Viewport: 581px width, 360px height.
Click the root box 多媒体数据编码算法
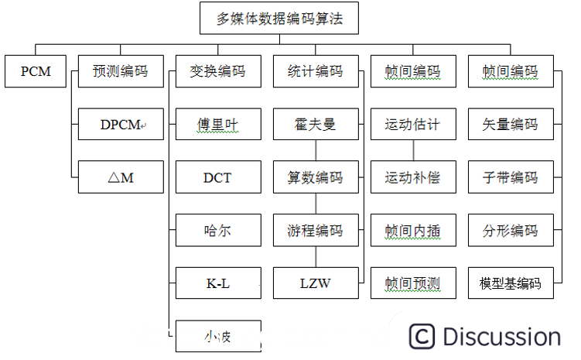click(x=279, y=18)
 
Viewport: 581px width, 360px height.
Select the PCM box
click(x=36, y=71)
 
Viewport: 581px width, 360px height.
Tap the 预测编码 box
click(x=121, y=71)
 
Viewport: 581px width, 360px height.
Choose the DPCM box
click(x=121, y=124)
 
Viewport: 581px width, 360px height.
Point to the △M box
click(x=121, y=177)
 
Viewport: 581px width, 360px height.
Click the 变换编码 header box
click(x=218, y=71)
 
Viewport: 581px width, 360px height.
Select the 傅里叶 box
click(x=218, y=124)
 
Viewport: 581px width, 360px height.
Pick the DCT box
click(x=218, y=177)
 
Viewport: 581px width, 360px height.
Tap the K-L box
click(x=218, y=283)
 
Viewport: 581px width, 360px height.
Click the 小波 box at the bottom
click(x=218, y=336)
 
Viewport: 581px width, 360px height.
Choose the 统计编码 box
click(x=315, y=71)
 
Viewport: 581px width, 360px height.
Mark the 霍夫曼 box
click(x=315, y=124)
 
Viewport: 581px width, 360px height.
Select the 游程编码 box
click(x=315, y=231)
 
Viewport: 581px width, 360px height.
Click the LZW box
click(x=315, y=283)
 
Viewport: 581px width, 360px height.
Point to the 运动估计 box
click(x=412, y=124)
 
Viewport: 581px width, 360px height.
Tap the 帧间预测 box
click(x=412, y=283)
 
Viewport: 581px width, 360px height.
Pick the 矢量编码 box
click(x=510, y=124)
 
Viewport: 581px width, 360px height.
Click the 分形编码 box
click(x=510, y=231)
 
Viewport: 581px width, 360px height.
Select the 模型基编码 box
click(x=510, y=283)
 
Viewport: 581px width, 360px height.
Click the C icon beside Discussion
click(x=422, y=337)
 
